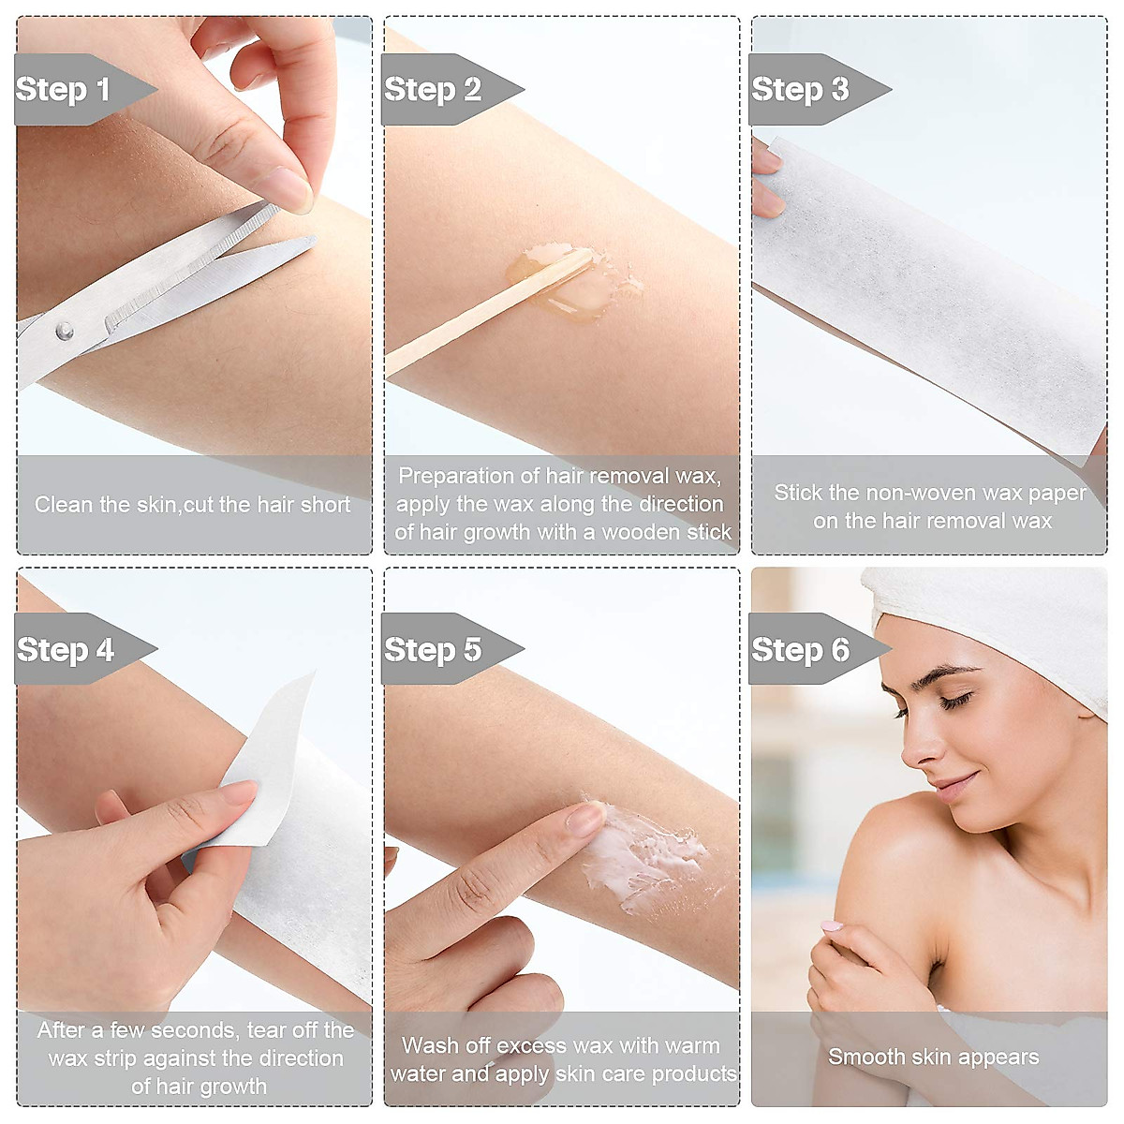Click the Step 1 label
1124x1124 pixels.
(64, 90)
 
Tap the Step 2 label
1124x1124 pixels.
(433, 90)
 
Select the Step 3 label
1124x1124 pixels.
(800, 90)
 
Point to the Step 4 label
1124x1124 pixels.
(66, 650)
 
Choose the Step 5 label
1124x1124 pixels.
(433, 650)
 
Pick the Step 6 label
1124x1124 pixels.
(800, 650)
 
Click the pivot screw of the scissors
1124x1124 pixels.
(64, 331)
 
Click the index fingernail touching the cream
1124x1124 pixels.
(586, 819)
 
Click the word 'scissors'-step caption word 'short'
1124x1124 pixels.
(325, 505)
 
